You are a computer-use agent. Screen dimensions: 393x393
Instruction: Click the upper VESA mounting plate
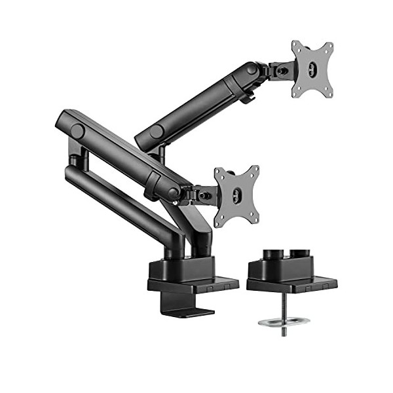(312, 69)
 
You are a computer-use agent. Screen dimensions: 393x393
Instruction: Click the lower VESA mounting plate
(236, 195)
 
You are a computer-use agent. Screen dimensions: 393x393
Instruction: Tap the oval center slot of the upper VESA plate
(312, 69)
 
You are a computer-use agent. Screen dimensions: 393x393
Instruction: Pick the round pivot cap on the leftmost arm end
(77, 131)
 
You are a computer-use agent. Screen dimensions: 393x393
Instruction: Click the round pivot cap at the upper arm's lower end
(156, 132)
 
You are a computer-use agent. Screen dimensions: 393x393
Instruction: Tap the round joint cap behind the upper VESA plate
(252, 69)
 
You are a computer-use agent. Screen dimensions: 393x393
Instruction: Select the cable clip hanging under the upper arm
(247, 96)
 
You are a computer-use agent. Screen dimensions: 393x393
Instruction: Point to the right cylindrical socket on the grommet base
(301, 253)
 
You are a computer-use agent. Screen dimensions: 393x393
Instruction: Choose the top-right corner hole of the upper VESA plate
(328, 47)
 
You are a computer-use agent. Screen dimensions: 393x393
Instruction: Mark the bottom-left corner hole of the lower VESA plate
(221, 221)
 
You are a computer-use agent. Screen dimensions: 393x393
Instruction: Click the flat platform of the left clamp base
(193, 284)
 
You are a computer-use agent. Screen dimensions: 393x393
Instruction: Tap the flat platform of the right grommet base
(291, 284)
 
